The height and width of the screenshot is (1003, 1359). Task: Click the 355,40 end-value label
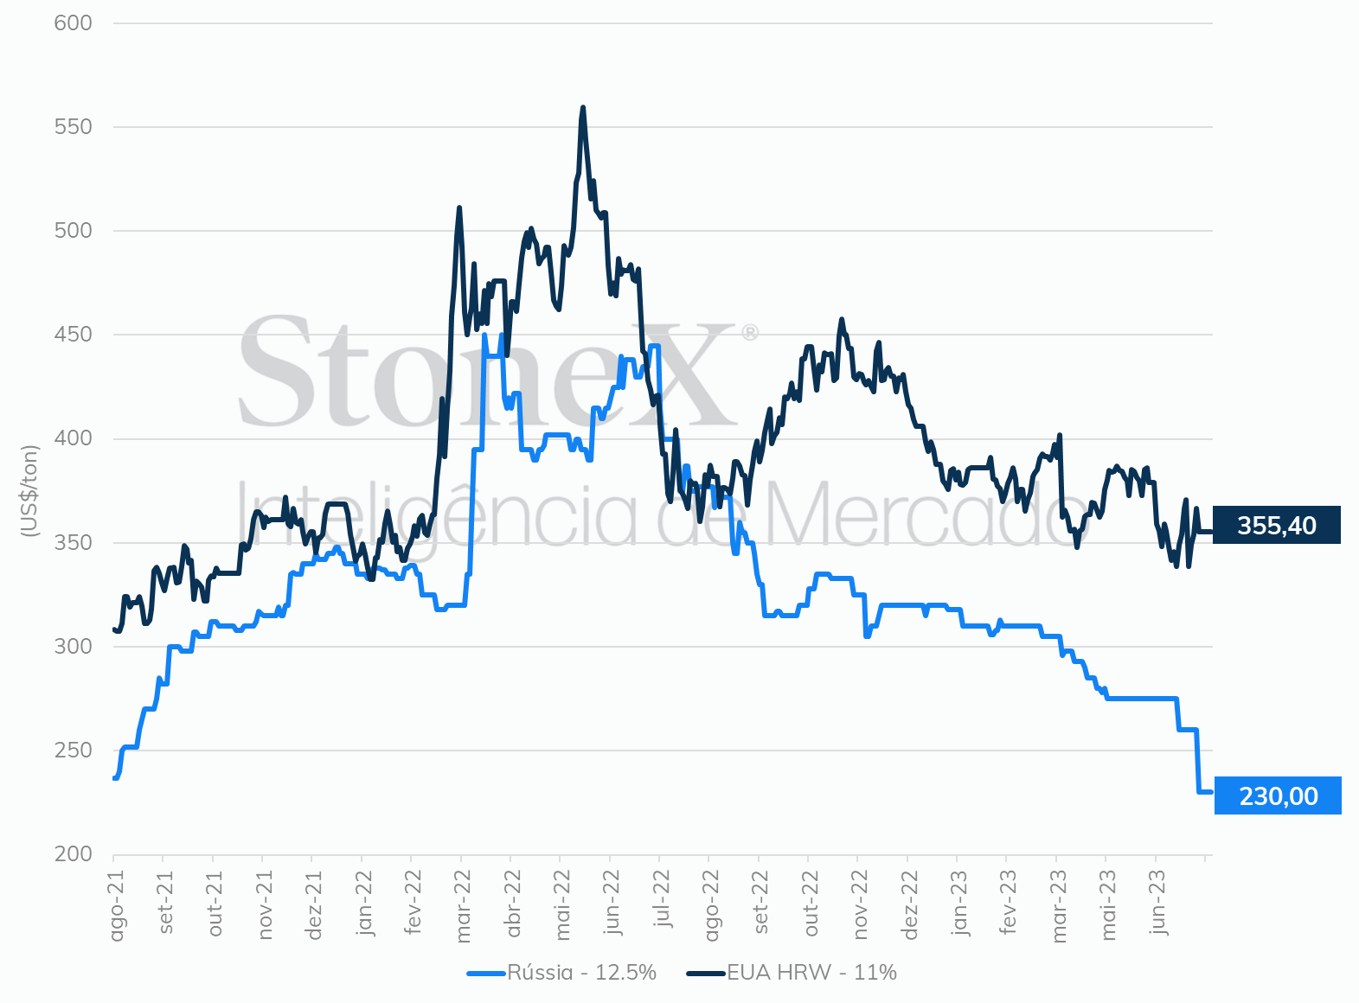pyautogui.click(x=1276, y=525)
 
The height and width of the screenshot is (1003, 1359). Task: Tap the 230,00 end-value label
pyautogui.click(x=1279, y=795)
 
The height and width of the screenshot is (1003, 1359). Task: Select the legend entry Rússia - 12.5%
pyautogui.click(x=561, y=973)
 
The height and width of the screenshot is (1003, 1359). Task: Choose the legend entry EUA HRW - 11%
pyautogui.click(x=791, y=973)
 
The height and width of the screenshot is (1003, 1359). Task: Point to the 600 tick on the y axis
pyautogui.click(x=73, y=23)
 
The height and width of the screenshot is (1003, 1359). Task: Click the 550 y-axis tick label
pyautogui.click(x=73, y=127)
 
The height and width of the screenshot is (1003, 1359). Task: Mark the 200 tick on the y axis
pyautogui.click(x=73, y=853)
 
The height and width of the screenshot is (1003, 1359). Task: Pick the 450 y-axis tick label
pyautogui.click(x=73, y=335)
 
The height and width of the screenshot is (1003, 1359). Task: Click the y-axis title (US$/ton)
pyautogui.click(x=29, y=491)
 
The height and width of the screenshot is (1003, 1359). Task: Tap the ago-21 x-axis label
pyautogui.click(x=116, y=905)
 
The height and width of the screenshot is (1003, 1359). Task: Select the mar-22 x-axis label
pyautogui.click(x=463, y=906)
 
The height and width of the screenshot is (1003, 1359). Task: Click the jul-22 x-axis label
pyautogui.click(x=663, y=899)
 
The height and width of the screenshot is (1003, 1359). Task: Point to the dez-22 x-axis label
pyautogui.click(x=910, y=904)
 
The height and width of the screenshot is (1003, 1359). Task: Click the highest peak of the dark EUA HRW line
pyautogui.click(x=583, y=107)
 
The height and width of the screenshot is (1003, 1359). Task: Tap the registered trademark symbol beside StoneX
pyautogui.click(x=750, y=333)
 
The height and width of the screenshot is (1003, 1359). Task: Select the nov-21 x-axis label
pyautogui.click(x=265, y=904)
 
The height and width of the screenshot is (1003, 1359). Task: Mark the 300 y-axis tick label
pyautogui.click(x=73, y=646)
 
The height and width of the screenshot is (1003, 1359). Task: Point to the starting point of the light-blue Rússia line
pyautogui.click(x=114, y=778)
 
